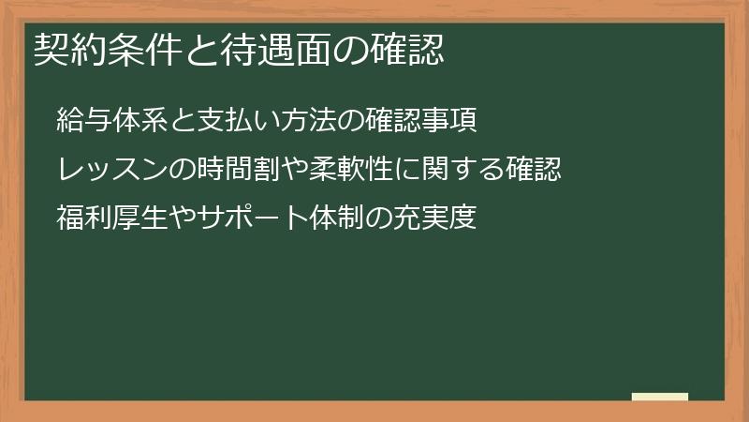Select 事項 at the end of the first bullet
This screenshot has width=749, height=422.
[x=454, y=122]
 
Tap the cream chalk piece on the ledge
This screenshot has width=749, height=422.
[x=660, y=397]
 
